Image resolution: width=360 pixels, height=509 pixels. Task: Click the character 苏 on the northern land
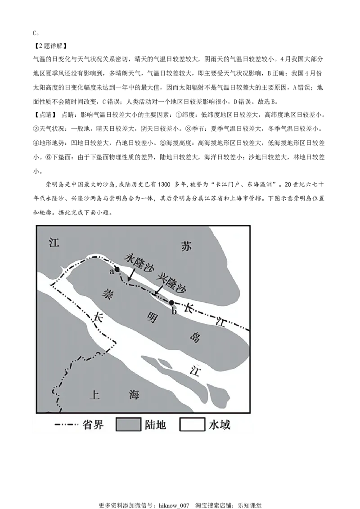point(186,246)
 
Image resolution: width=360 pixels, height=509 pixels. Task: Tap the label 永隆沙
point(137,261)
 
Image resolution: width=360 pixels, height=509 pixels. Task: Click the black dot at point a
point(117,270)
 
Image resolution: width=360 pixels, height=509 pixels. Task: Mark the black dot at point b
point(171,303)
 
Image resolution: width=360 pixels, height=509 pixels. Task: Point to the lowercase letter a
point(111,272)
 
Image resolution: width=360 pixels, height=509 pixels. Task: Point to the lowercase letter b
point(174,310)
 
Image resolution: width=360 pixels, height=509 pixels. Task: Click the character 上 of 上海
point(94,395)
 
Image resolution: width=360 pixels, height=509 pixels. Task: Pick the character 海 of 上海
point(134,395)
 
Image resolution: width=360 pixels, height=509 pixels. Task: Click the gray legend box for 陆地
point(127,425)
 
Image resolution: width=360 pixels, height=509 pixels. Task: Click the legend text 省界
point(93,425)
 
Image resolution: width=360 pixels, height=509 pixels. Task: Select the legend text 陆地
point(155,425)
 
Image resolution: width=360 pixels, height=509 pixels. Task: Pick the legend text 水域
point(219,425)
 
